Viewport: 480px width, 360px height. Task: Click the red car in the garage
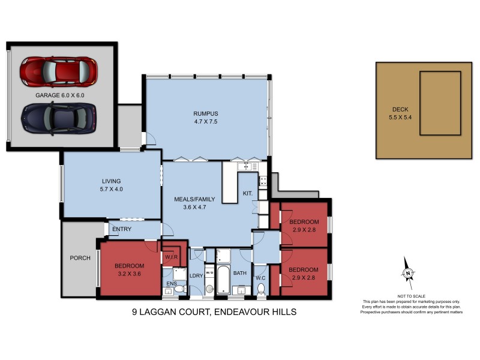point(58,71)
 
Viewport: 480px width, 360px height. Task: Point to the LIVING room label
point(111,181)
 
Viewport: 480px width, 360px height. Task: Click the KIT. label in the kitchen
point(247,193)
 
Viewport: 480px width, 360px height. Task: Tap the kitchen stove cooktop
point(263,181)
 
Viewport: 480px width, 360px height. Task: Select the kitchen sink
point(247,166)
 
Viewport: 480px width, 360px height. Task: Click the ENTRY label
point(122,229)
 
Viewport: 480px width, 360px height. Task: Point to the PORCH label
point(80,258)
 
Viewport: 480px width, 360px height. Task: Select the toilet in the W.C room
point(260,289)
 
